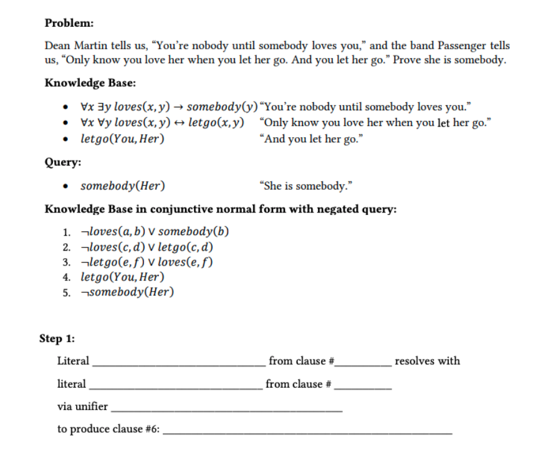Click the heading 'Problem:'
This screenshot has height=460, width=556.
tap(69, 23)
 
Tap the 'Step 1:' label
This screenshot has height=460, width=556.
tap(57, 338)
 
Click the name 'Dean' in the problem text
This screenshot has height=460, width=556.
tap(57, 46)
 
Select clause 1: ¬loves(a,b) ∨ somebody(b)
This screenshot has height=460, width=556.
tap(155, 232)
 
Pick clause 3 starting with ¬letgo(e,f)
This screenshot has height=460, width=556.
tap(147, 262)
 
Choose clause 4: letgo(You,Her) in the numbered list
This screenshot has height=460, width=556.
tap(122, 277)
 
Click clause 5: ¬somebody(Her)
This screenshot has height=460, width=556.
tap(127, 292)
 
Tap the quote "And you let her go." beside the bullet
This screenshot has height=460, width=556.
tap(312, 138)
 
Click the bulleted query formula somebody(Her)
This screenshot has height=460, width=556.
tap(123, 186)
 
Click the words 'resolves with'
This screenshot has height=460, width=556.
tap(427, 361)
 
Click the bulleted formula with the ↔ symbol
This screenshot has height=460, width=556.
tap(162, 123)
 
